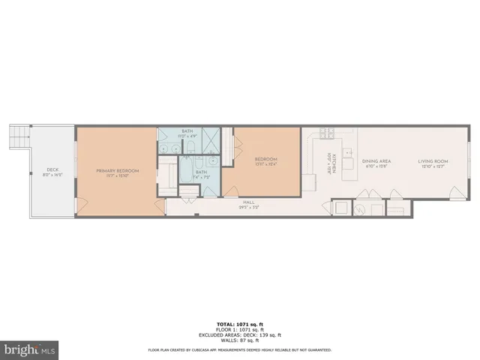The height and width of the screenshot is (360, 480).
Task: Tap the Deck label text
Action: (52, 169)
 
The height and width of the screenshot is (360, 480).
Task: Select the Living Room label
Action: (433, 161)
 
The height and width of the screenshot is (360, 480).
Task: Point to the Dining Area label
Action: (376, 161)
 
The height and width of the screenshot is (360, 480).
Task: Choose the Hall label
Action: (249, 201)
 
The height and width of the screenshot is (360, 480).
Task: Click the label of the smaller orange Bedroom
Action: (266, 159)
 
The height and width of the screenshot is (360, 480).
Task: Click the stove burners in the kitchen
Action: (326, 134)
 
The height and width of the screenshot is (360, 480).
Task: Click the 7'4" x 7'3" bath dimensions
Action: (201, 177)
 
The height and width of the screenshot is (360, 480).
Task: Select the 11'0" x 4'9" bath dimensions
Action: (187, 136)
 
